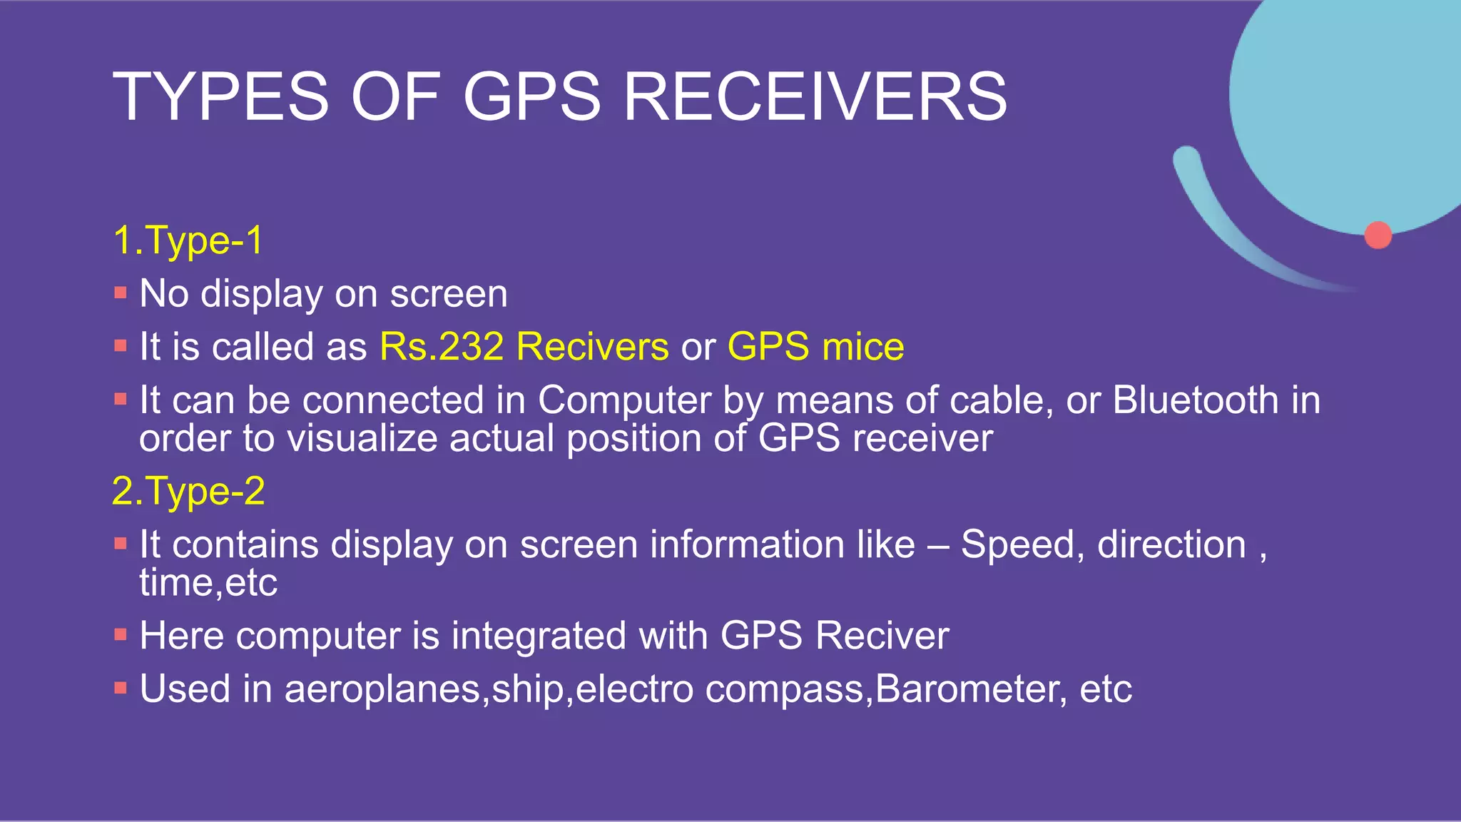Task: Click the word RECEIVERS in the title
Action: tap(815, 96)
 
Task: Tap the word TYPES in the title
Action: tap(221, 96)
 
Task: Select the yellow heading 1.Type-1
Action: tap(188, 240)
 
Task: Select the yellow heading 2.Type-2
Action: tap(188, 492)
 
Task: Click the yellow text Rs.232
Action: tap(442, 347)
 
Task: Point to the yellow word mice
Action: tap(863, 347)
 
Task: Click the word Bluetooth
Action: tap(1196, 400)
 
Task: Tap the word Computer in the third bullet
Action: tap(624, 401)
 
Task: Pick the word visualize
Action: tap(362, 438)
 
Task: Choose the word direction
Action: tap(1171, 545)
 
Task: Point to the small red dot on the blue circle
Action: tap(1378, 235)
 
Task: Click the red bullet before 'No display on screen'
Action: tap(121, 293)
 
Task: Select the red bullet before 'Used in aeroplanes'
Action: tap(121, 689)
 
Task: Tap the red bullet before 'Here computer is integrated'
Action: tap(121, 634)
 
